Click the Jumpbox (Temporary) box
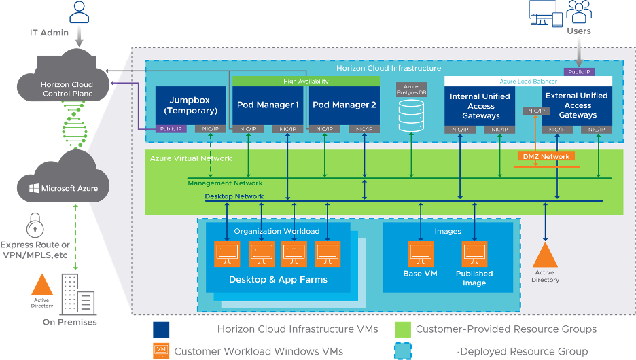pyautogui.click(x=190, y=105)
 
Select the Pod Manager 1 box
pyautogui.click(x=268, y=105)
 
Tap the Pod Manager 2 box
pyautogui.click(x=344, y=105)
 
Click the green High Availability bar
pyautogui.click(x=306, y=82)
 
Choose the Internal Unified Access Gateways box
pyautogui.click(x=480, y=105)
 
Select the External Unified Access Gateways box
pyautogui.click(x=578, y=105)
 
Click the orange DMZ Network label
pyautogui.click(x=546, y=156)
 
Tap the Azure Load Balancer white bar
pyautogui.click(x=528, y=82)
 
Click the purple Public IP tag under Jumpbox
pyautogui.click(x=170, y=129)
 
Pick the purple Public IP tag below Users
pyautogui.click(x=579, y=71)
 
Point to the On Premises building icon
pyautogui.click(x=75, y=293)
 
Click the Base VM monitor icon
pyautogui.click(x=420, y=254)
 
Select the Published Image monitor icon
pyautogui.click(x=474, y=254)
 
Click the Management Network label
pyautogui.click(x=225, y=183)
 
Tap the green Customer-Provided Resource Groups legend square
pyautogui.click(x=403, y=329)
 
